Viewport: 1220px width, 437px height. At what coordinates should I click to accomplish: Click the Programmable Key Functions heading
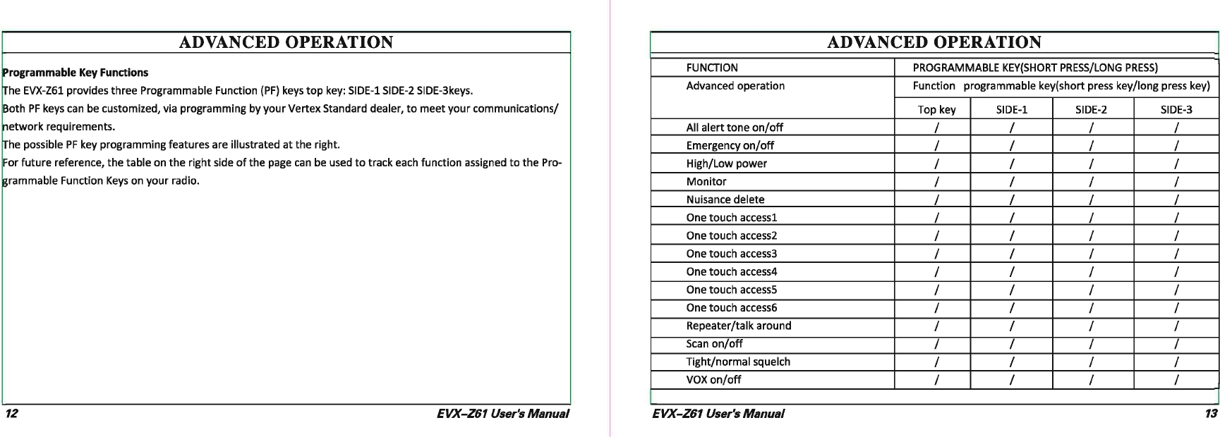(76, 73)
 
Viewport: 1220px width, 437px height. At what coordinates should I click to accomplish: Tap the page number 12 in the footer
(11, 414)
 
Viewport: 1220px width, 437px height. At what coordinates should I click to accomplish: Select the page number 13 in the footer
(1211, 414)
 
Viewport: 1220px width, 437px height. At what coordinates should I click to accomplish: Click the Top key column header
(936, 109)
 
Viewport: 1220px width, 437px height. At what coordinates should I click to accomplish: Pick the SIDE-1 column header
(1011, 109)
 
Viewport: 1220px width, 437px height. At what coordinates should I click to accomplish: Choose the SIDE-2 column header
(1091, 109)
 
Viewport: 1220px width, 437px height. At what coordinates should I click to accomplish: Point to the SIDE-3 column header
(1176, 109)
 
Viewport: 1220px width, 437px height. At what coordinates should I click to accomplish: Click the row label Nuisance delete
(725, 199)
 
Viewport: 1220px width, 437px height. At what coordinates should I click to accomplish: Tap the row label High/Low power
(726, 164)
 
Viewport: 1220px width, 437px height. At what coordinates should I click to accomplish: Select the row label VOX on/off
(713, 380)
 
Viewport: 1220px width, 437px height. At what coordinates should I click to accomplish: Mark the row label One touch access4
(731, 271)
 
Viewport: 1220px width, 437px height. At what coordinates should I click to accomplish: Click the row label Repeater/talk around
(738, 326)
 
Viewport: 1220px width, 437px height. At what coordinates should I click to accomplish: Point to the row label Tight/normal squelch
(738, 362)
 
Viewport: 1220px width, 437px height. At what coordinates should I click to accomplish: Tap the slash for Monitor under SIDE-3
(1176, 182)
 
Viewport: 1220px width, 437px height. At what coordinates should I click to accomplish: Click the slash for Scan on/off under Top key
(936, 344)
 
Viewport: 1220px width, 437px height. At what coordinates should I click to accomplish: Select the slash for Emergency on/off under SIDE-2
(1091, 146)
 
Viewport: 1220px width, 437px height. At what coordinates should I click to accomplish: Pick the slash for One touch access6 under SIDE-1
(1011, 308)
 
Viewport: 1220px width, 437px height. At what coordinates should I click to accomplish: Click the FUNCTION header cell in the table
(712, 68)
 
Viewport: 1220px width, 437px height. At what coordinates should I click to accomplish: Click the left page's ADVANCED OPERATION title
(286, 42)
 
